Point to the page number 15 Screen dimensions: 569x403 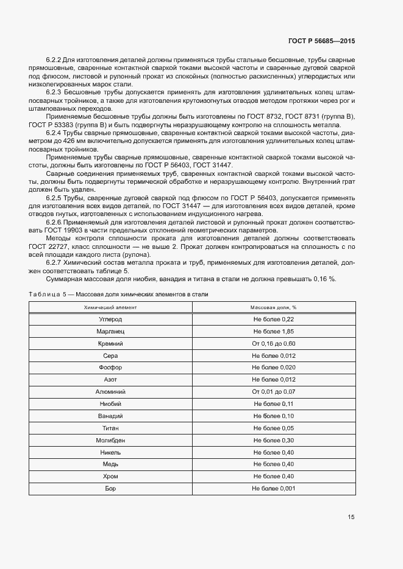[351, 517]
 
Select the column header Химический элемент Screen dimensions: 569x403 [110, 308]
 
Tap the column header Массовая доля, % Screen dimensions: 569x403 [273, 308]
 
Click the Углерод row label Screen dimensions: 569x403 [110, 319]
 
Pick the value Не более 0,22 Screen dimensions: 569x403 [273, 319]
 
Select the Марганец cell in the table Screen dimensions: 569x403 [110, 332]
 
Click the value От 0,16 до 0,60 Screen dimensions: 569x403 [273, 344]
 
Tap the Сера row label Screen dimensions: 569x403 [110, 356]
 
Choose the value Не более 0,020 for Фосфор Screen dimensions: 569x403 [273, 368]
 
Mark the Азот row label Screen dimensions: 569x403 [110, 380]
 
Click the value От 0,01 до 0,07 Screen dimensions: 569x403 [273, 392]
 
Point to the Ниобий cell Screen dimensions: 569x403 [110, 404]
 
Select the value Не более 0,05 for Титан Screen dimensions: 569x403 [273, 428]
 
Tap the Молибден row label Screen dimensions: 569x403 [110, 440]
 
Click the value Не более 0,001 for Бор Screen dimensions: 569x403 [273, 488]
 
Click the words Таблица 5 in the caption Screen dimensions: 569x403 [48, 294]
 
